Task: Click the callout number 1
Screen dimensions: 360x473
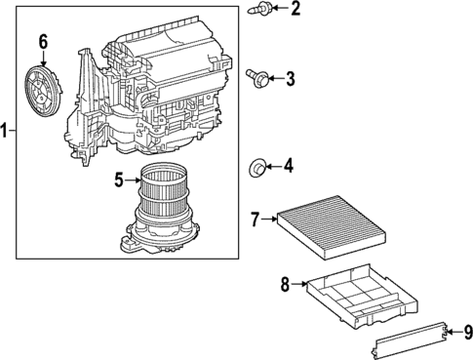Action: (x=6, y=129)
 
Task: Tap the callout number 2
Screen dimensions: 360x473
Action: (x=296, y=10)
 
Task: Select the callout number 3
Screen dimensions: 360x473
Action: (x=290, y=78)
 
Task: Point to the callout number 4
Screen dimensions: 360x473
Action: (x=289, y=166)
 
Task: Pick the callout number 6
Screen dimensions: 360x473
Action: (x=43, y=41)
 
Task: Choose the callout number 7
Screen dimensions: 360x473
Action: (x=255, y=220)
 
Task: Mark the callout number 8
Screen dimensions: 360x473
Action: (x=285, y=284)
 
